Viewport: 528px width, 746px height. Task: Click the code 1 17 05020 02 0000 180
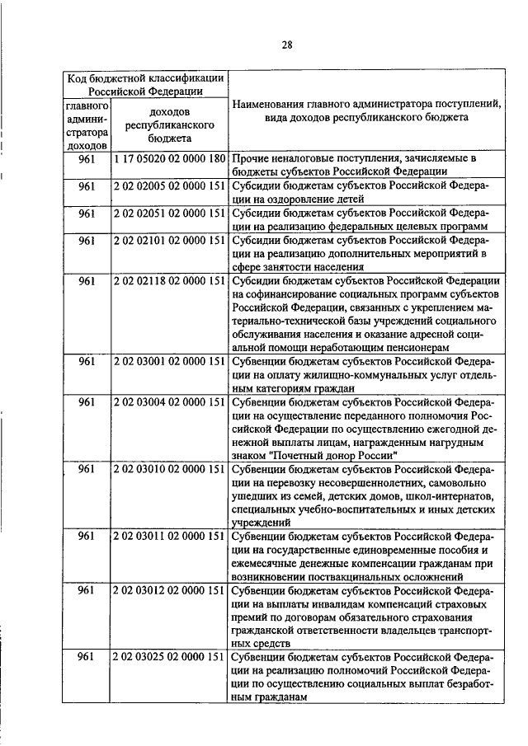[169, 157]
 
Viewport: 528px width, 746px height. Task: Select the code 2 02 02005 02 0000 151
[169, 185]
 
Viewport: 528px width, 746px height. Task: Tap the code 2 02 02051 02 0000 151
[169, 213]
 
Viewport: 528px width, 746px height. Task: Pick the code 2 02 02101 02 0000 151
[169, 240]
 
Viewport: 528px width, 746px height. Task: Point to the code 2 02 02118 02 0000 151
[169, 281]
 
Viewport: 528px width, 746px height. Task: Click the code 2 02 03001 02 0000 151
[169, 361]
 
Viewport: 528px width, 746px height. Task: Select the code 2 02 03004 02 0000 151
[169, 401]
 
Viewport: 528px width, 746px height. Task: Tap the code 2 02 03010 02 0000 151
[169, 468]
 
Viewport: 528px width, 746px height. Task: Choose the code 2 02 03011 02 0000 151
[169, 536]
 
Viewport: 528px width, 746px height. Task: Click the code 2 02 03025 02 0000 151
[169, 657]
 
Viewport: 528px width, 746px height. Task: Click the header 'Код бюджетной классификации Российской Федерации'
[145, 84]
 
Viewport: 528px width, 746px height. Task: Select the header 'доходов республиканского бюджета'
[169, 125]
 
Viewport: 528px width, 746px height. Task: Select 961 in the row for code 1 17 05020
[87, 157]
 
